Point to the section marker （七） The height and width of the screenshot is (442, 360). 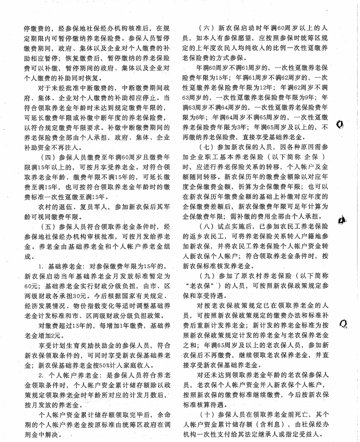point(209,146)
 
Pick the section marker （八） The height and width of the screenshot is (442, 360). point(209,224)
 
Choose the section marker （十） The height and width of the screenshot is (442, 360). point(209,413)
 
